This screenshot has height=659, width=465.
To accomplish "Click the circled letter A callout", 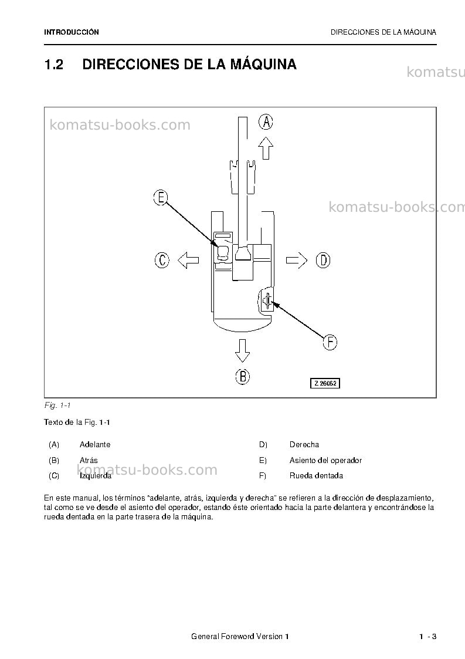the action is pos(266,122).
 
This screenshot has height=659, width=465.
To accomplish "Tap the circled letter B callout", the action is pos(242,376).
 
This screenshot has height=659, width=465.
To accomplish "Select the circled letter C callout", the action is pos(162,260).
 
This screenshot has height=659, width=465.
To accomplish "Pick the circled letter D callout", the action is pos(323,261).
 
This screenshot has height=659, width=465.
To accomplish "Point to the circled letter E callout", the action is pos(161,198).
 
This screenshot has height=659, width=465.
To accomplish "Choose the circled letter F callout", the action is pos(330,342).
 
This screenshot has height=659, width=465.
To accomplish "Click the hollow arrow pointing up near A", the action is pos(266,148).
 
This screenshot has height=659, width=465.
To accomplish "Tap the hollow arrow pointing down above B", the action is pos(242,350).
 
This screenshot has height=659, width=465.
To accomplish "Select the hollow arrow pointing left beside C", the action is pos(188,260).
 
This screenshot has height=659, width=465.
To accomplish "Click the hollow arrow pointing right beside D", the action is pos(297,261).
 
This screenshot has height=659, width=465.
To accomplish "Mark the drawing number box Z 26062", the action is pos(325,383).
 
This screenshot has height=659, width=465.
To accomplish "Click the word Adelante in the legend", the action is pos(95,445).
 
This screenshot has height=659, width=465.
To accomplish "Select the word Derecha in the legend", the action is pos(304,445).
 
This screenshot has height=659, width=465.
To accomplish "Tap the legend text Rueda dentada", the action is pos(316,476).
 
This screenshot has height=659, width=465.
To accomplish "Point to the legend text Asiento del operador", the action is pos(325,461).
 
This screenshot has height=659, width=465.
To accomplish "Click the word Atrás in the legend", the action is pos(89,460).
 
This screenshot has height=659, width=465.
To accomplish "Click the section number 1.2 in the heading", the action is pos(54,65).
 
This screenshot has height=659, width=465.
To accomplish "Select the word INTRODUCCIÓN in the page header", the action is pos(72,32).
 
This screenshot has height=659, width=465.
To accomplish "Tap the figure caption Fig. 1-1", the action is pos(57,405).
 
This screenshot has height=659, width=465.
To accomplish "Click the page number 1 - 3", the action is pos(428,637).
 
